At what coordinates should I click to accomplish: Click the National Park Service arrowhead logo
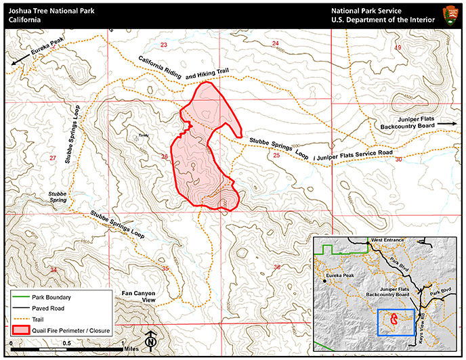(x=450, y=15)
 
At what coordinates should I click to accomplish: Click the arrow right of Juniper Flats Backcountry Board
(x=446, y=124)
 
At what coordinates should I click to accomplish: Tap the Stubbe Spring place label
(x=58, y=196)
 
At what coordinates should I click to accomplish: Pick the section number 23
(x=163, y=45)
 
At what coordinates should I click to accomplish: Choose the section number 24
(x=276, y=44)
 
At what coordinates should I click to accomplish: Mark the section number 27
(x=53, y=158)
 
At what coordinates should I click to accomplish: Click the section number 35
(x=165, y=269)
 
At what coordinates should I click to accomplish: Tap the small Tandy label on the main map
(x=143, y=134)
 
